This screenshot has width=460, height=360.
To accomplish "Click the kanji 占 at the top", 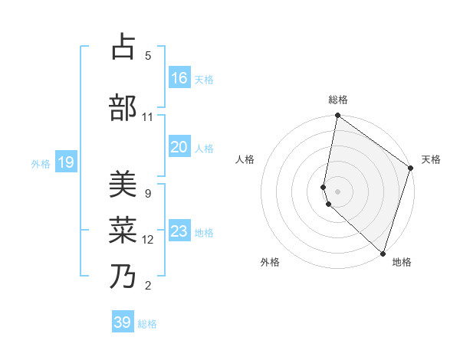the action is tap(123, 47).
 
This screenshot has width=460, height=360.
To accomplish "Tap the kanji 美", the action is tap(123, 185).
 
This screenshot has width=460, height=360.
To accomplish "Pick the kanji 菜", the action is tap(123, 231).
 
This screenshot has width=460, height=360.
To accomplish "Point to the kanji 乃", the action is tap(123, 277).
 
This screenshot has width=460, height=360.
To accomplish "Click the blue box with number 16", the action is tap(179, 78).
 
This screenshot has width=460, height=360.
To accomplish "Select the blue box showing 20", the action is tap(179, 147).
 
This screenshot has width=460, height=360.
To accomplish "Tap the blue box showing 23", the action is tap(179, 231).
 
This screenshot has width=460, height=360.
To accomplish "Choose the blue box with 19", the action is tap(66, 162).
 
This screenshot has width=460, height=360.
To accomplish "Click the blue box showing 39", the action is tap(123, 322).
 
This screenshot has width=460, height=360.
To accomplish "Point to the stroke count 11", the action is tap(148, 117).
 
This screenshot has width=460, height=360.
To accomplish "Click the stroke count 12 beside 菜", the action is tap(148, 240).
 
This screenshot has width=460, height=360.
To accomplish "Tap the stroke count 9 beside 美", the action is tap(148, 193).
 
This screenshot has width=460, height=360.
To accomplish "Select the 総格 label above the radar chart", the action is tap(338, 100).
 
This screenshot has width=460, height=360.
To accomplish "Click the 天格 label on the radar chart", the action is tap(431, 159).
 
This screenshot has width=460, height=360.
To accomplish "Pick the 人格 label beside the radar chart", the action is tap(245, 159).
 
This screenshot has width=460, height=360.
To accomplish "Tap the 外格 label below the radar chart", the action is tap(270, 262).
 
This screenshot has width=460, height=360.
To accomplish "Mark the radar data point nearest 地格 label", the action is tap(383, 253).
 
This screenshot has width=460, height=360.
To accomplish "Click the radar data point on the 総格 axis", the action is tap(337, 116).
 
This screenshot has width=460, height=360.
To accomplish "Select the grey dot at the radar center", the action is tap(337, 191).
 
